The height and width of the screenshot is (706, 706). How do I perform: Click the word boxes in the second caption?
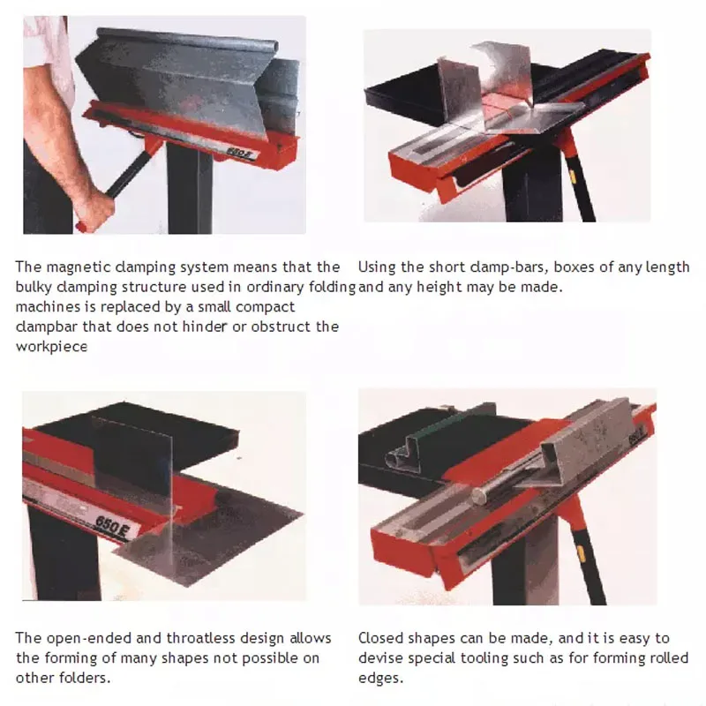click(x=546, y=267)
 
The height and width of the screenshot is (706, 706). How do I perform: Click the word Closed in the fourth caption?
click(x=380, y=638)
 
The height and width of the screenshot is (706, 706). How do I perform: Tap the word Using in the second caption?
click(x=378, y=267)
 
